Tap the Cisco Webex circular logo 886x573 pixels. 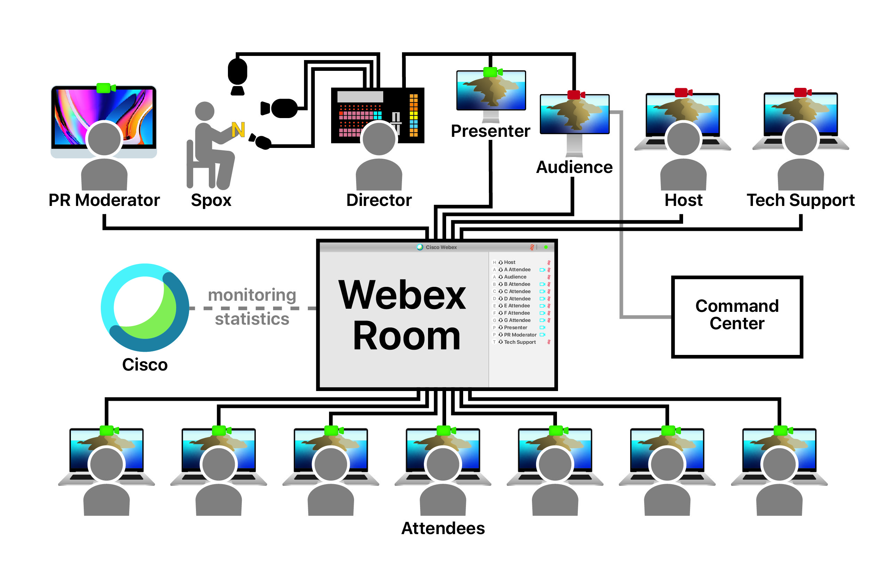click(145, 307)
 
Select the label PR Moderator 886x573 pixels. click(104, 200)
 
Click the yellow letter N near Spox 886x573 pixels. click(238, 130)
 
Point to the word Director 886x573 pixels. click(379, 200)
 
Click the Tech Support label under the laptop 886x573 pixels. click(801, 200)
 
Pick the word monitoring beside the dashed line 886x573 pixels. click(252, 295)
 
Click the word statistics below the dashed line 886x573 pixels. click(252, 319)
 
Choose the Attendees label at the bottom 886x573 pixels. click(443, 528)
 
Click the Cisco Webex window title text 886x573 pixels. click(441, 247)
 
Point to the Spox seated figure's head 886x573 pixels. click(204, 111)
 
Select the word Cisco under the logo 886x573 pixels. click(145, 365)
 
